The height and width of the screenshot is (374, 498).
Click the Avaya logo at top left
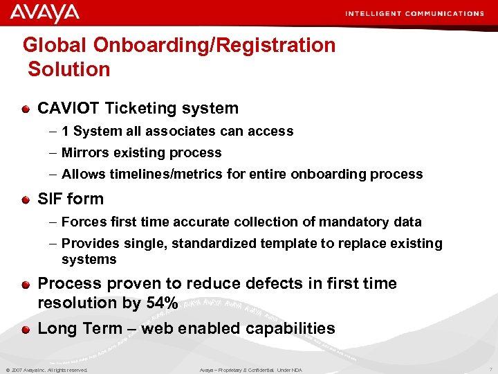click(44, 13)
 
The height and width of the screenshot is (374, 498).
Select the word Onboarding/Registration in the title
click(214, 46)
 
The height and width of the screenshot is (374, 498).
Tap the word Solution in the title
click(69, 69)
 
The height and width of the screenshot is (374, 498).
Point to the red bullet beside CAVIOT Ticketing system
click(25, 109)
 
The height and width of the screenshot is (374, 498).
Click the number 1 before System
click(64, 132)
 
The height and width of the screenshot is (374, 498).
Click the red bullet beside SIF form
click(25, 199)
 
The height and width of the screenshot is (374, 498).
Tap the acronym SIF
click(50, 199)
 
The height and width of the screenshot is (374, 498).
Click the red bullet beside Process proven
click(25, 284)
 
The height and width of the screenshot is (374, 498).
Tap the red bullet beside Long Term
click(25, 329)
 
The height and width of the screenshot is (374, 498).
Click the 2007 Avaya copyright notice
click(46, 370)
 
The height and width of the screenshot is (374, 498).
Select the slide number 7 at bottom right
click(490, 370)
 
